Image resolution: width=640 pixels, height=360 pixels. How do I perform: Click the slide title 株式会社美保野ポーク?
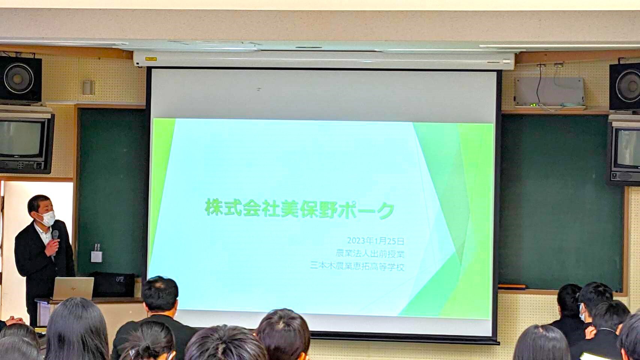300,209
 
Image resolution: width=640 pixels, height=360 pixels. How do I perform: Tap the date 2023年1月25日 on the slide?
376,241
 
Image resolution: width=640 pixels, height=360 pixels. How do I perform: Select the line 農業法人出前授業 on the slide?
370,254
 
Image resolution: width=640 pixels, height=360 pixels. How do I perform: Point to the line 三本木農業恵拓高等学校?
358,267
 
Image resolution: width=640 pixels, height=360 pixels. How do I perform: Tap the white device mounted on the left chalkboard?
96,255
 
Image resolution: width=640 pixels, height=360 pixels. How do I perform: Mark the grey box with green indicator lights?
549,92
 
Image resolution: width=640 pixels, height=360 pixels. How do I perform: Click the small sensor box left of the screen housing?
89,87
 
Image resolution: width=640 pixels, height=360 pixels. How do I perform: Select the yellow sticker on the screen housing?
151,59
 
